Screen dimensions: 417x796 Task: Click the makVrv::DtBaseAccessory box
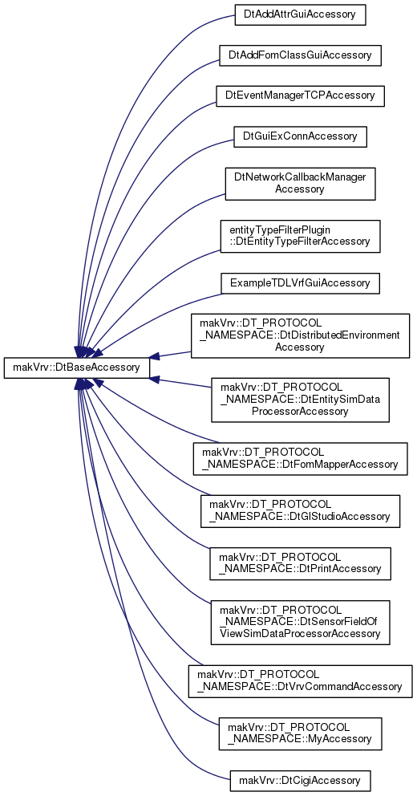pyautogui.click(x=77, y=368)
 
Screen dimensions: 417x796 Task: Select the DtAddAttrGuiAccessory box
pyautogui.click(x=300, y=14)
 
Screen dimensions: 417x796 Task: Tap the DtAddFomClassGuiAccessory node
pyautogui.click(x=300, y=55)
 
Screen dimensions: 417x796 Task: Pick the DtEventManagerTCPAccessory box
pyautogui.click(x=300, y=95)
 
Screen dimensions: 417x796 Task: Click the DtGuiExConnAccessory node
pyautogui.click(x=300, y=136)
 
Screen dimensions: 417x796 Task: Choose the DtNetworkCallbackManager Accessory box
pyautogui.click(x=300, y=183)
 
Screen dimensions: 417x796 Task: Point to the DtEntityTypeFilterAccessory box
pyautogui.click(x=300, y=236)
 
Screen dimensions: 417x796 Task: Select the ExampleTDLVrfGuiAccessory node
pyautogui.click(x=300, y=282)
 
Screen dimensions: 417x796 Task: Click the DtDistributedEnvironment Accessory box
pyautogui.click(x=300, y=335)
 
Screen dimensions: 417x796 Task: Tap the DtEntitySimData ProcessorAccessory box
pyautogui.click(x=300, y=400)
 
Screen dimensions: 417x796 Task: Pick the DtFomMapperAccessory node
pyautogui.click(x=300, y=458)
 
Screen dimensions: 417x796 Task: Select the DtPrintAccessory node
pyautogui.click(x=300, y=563)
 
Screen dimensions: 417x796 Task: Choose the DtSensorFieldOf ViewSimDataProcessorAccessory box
pyautogui.click(x=300, y=623)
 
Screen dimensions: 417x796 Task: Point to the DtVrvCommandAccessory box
pyautogui.click(x=300, y=681)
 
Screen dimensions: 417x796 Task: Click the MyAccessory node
pyautogui.click(x=300, y=734)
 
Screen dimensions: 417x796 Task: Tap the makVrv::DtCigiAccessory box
pyautogui.click(x=300, y=780)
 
